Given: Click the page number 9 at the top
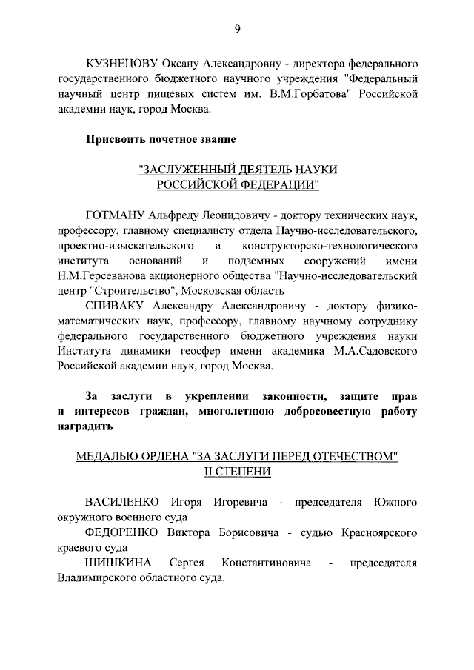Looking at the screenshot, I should point(237,29).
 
